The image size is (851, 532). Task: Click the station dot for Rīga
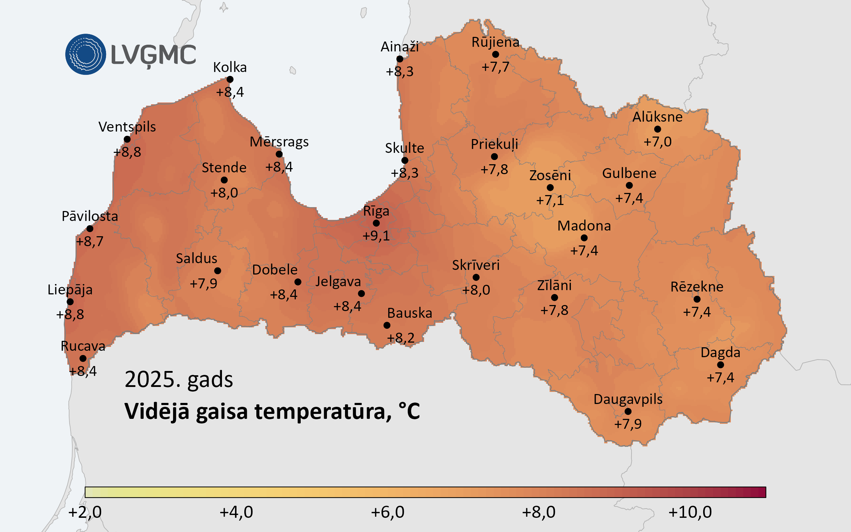coord(376,223)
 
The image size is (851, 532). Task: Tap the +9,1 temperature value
coord(376,235)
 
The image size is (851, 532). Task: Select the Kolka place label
coord(230,67)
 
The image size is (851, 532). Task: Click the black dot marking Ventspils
coord(127,139)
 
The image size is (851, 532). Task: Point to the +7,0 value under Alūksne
coord(657,142)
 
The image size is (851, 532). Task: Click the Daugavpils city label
coord(628,399)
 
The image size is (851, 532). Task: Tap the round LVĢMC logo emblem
coord(85,54)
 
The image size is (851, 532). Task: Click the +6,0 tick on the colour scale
coord(388,512)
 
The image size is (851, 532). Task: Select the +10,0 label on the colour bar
coord(690,512)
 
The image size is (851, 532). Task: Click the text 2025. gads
coord(179,379)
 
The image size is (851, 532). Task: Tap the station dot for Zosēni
coord(550,188)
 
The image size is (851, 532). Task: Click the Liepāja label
coord(70,290)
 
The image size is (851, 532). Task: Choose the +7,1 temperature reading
coord(550,200)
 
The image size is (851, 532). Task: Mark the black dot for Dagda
coord(721,365)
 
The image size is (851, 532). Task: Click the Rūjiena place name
coord(495,42)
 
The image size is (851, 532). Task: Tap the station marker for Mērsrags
coord(279,154)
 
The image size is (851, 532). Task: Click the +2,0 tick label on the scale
coord(85,512)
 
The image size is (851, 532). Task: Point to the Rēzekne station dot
coord(697,299)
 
